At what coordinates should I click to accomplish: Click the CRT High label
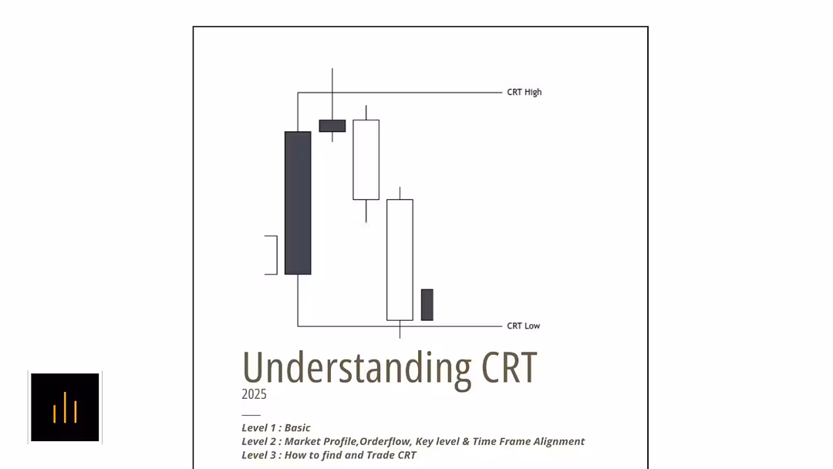pyautogui.click(x=524, y=93)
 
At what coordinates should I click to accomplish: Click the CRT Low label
pyautogui.click(x=523, y=326)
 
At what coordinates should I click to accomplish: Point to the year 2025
pyautogui.click(x=254, y=394)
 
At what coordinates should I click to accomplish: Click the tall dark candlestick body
pyautogui.click(x=298, y=203)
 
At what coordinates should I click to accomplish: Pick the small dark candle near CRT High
pyautogui.click(x=332, y=126)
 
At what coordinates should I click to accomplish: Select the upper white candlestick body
pyautogui.click(x=366, y=160)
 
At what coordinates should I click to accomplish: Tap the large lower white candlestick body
pyautogui.click(x=400, y=260)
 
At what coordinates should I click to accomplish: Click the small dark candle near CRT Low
pyautogui.click(x=427, y=305)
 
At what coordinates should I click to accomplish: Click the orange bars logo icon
pyautogui.click(x=65, y=407)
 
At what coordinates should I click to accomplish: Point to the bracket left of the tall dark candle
pyautogui.click(x=271, y=255)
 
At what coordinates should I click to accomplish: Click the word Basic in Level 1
pyautogui.click(x=298, y=428)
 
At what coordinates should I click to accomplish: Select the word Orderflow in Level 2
pyautogui.click(x=383, y=442)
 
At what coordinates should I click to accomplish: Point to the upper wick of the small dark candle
pyautogui.click(x=332, y=93)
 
